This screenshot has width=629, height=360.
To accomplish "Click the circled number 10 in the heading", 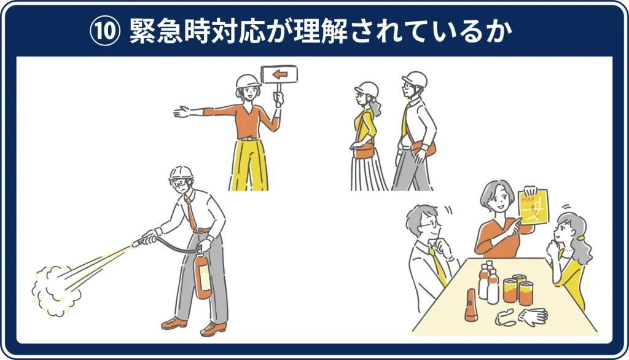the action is (104, 31).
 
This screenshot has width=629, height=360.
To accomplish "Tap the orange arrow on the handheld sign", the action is (280, 74).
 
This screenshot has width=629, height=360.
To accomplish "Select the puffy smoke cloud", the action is (55, 290).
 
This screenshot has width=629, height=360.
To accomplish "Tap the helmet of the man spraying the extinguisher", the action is (181, 173).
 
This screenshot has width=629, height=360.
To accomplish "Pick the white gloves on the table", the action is (533, 315).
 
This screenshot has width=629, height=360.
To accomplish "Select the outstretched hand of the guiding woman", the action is (181, 112).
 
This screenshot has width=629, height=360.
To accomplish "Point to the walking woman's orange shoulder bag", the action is (364, 151).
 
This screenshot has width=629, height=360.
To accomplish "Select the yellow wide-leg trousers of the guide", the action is (249, 165).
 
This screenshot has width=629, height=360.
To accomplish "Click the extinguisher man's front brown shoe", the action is (213, 329).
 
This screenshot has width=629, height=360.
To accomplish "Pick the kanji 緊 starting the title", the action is (143, 31).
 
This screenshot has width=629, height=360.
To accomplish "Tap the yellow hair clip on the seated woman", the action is (581, 238).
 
